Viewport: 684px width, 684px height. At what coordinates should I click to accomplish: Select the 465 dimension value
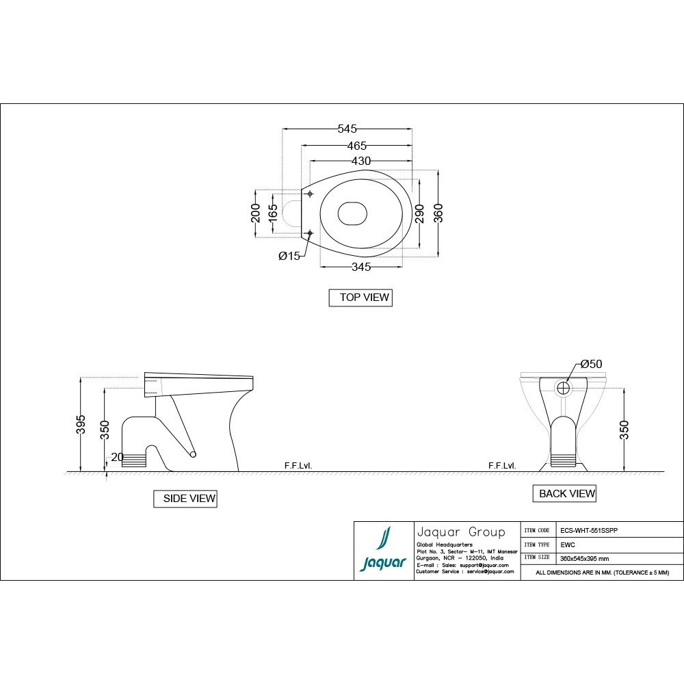tap(356, 146)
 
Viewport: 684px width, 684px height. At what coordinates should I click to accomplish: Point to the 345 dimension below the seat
tap(361, 267)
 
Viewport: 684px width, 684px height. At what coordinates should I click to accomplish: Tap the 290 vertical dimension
tap(420, 213)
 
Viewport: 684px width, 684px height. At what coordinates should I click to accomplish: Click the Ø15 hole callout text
tap(289, 256)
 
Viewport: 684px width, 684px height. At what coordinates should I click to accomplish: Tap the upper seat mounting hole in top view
tap(310, 194)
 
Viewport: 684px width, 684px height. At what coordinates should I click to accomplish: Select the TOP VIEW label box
tap(360, 298)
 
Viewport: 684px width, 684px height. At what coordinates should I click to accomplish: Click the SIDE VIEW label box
tap(185, 499)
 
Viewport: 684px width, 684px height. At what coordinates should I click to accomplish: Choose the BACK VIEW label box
tap(564, 493)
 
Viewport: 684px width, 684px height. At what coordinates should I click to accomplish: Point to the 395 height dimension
tap(81, 423)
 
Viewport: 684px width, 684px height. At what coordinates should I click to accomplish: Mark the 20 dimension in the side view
tap(117, 457)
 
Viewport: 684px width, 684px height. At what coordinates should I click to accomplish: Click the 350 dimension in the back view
tap(624, 429)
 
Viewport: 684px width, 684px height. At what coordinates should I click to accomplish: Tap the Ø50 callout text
tap(591, 365)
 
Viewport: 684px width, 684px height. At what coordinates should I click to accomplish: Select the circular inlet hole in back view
tap(563, 388)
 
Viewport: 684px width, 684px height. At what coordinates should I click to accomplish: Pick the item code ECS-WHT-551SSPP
tap(589, 530)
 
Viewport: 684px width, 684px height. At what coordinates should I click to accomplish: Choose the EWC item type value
tap(567, 544)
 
